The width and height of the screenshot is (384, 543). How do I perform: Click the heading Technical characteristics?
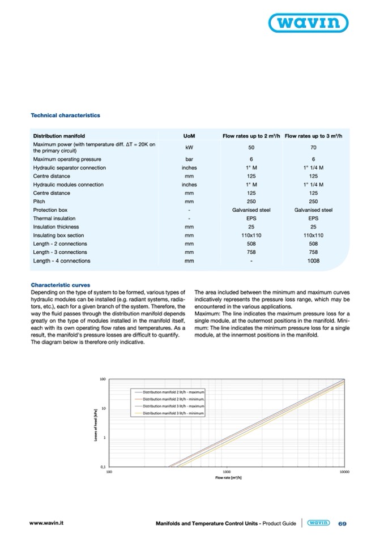click(65, 115)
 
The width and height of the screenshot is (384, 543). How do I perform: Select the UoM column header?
click(189, 136)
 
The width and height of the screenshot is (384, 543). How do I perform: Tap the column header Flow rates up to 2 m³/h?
click(251, 136)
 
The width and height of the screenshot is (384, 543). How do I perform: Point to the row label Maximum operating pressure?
click(67, 160)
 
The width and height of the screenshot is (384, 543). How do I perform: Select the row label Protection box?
click(50, 210)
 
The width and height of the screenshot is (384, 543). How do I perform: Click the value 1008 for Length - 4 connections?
click(313, 261)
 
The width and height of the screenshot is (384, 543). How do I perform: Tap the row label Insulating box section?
click(59, 236)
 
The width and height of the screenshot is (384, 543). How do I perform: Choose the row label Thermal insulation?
click(54, 219)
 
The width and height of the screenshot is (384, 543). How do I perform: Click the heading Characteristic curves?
click(60, 285)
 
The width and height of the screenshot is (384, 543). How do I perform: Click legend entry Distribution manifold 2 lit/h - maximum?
click(173, 391)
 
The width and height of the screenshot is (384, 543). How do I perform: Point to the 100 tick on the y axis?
click(103, 379)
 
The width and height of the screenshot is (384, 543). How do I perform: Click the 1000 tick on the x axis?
click(227, 471)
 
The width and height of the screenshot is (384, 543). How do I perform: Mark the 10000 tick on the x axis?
click(343, 471)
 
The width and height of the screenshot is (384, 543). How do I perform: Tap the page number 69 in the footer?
click(342, 524)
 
